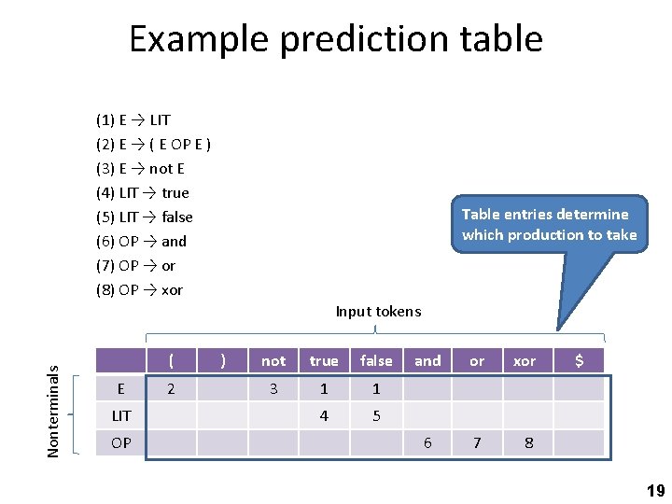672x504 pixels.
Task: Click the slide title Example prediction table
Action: click(x=336, y=39)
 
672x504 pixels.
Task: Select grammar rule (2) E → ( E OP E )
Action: click(x=153, y=144)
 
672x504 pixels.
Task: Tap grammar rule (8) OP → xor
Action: click(x=139, y=289)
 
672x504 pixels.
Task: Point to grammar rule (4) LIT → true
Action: click(x=142, y=192)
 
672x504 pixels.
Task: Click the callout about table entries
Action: click(x=549, y=224)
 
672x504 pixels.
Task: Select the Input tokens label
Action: click(x=378, y=311)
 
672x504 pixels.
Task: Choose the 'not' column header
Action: click(x=273, y=361)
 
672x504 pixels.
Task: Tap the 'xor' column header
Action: click(x=525, y=361)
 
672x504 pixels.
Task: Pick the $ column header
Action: click(x=579, y=361)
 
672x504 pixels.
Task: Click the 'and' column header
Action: click(x=427, y=361)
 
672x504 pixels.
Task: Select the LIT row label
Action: click(x=121, y=415)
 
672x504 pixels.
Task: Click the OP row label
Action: click(x=121, y=442)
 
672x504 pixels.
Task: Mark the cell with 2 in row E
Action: click(x=170, y=388)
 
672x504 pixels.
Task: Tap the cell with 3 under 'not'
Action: click(x=273, y=388)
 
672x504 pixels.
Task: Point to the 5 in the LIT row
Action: click(x=376, y=415)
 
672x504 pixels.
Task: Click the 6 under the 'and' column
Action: click(x=427, y=442)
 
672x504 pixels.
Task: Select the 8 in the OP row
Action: click(x=528, y=442)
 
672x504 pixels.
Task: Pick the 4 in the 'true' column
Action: click(x=324, y=415)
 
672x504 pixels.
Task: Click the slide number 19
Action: click(x=655, y=491)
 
